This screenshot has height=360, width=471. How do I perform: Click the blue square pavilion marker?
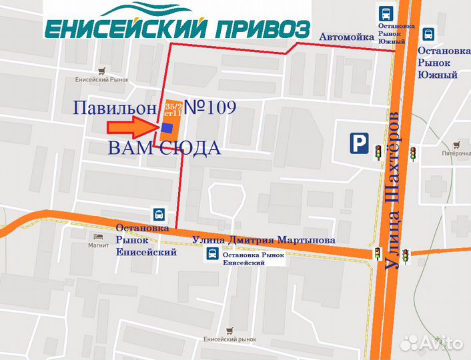coord(166,127)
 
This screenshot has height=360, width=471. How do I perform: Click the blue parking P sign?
coord(360,143)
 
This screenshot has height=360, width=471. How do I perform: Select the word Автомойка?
coord(346,37)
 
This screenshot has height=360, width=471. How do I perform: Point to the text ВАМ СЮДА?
coord(164,148)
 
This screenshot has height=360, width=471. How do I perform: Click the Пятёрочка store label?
coord(456,152)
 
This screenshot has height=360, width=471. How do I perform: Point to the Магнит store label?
coord(98,244)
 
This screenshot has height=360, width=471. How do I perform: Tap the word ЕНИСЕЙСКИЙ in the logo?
coord(126,29)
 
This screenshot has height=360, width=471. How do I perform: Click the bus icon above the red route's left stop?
coord(159,215)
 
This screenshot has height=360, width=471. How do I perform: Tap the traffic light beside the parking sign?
coord(378,153)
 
